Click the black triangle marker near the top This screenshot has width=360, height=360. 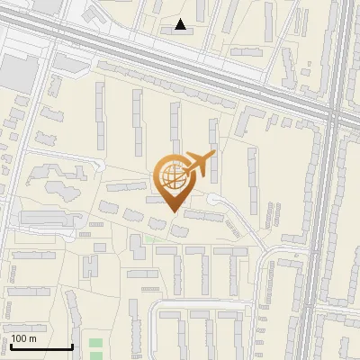pyautogui.click(x=181, y=25)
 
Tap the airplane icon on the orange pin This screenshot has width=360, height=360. pyautogui.click(x=201, y=164)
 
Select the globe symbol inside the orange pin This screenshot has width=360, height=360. pyautogui.click(x=173, y=175)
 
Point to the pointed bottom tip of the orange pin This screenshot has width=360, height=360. pyautogui.click(x=174, y=212)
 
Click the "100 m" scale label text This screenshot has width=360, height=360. pyautogui.click(x=23, y=338)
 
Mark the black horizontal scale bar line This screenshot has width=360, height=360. pyautogui.click(x=41, y=346)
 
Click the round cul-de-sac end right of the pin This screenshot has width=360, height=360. pyautogui.click(x=213, y=199)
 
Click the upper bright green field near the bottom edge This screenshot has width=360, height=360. pyautogui.click(x=96, y=343)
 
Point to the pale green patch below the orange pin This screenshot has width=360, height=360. pyautogui.click(x=150, y=239)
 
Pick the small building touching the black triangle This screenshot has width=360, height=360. pyautogui.click(x=171, y=29)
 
